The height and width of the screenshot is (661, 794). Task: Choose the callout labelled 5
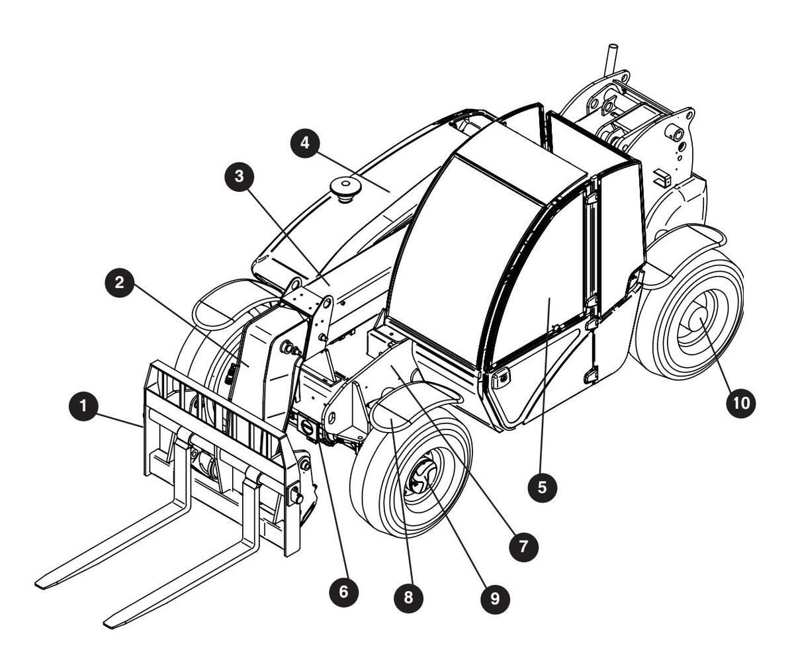click(x=542, y=487)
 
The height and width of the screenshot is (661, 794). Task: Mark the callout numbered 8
click(x=408, y=597)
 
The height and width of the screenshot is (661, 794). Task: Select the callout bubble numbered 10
click(x=740, y=404)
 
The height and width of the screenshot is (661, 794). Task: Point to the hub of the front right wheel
click(x=419, y=481)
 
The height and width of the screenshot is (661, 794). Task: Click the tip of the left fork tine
click(x=42, y=584)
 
